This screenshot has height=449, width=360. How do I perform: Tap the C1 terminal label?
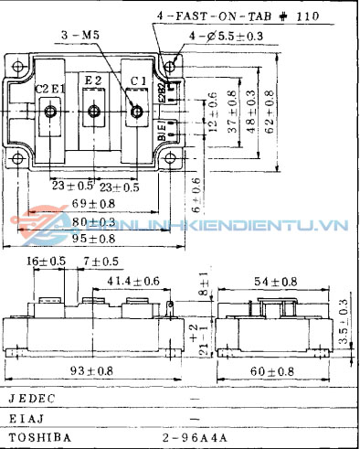(x=138, y=81)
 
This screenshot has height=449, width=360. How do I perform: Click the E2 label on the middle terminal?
(x=93, y=81)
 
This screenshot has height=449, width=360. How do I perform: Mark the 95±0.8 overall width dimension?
(x=93, y=240)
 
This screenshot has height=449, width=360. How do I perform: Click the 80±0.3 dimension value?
(x=93, y=220)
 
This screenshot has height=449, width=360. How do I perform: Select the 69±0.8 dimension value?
(x=93, y=202)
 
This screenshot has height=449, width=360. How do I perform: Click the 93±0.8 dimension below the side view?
(x=92, y=371)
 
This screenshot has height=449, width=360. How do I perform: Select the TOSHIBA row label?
(x=37, y=437)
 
